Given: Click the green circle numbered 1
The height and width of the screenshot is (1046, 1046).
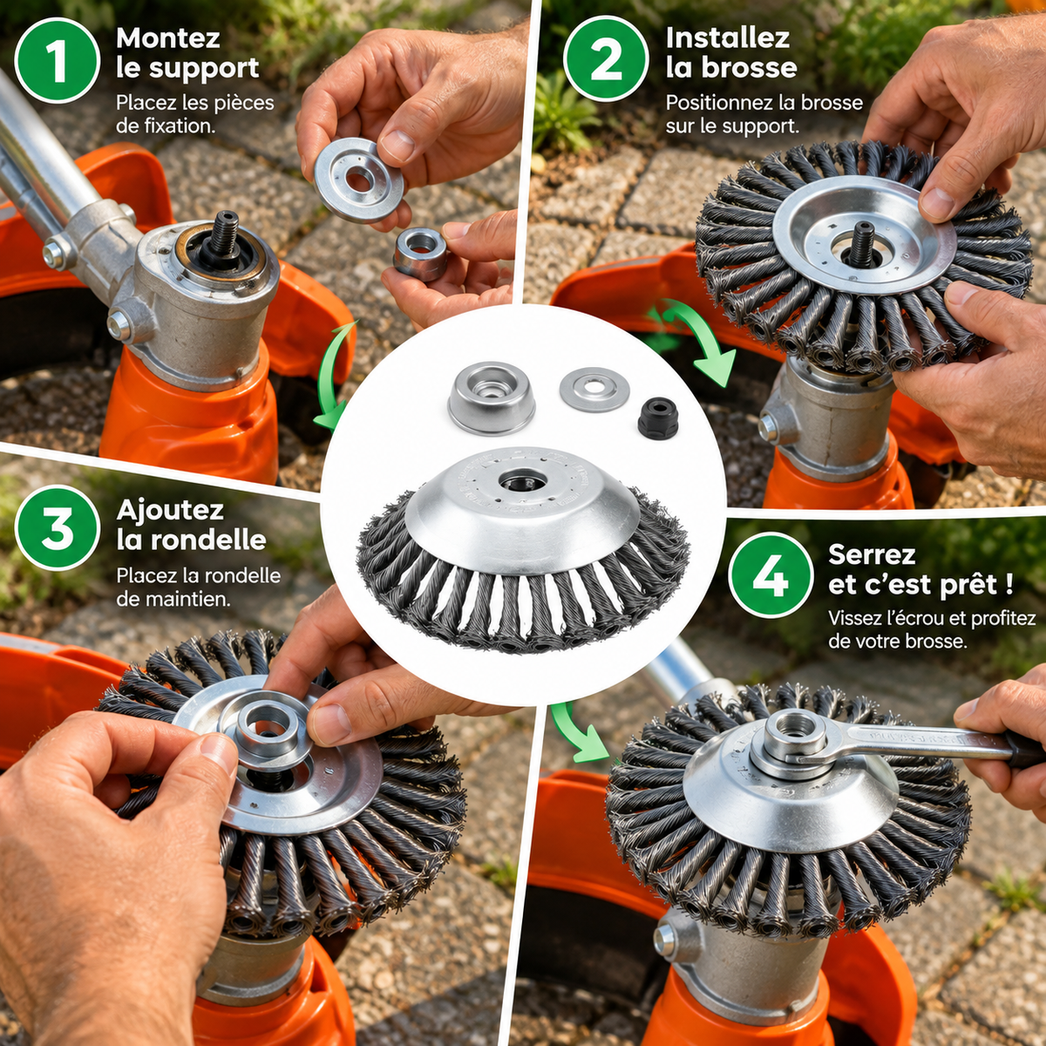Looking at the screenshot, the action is [x=57, y=60].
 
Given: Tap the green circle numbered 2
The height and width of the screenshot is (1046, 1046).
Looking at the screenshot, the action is [x=606, y=60].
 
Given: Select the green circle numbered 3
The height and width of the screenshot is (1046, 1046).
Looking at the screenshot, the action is [x=57, y=527].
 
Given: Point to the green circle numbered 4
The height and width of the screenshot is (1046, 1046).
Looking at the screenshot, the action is [x=771, y=574].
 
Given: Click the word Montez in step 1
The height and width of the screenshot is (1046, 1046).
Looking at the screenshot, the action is [x=168, y=38].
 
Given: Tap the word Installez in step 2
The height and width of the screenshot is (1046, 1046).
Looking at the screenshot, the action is [x=728, y=38].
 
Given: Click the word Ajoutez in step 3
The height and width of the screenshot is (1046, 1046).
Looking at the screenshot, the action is [x=170, y=511].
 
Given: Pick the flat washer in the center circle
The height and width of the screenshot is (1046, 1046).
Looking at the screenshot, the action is [x=594, y=389].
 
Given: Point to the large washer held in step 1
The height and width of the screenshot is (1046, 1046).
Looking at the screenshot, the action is [x=359, y=180].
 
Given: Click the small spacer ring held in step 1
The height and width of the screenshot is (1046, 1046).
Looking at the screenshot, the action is [x=420, y=254].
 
